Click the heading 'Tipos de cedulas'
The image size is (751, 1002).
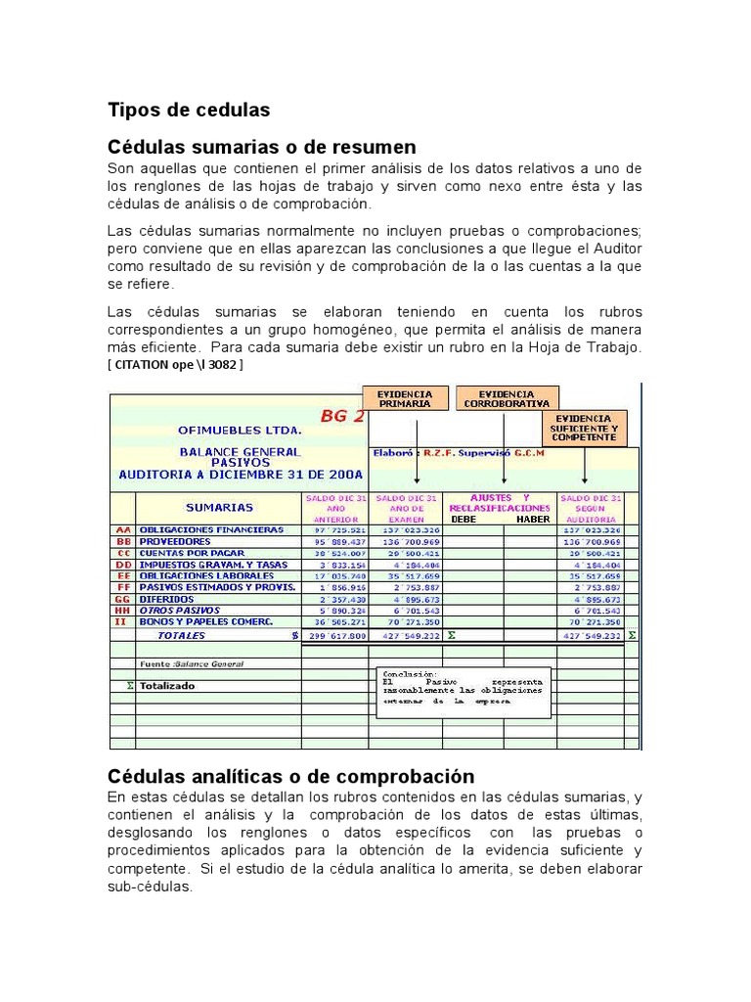coord(189,110)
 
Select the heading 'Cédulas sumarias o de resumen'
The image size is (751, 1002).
coord(261,147)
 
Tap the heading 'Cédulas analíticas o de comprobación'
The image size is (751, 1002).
coord(290,776)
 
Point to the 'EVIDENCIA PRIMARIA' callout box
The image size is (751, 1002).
coord(405,398)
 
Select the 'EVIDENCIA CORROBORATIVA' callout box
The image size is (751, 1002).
coord(506,398)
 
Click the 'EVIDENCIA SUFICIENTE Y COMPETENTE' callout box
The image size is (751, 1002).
coord(584,428)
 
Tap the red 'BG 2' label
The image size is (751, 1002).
coord(341,415)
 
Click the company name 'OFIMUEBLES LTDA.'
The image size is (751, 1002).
coord(240,431)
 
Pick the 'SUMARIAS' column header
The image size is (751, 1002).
coord(219,507)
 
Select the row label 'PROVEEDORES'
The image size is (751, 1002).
coord(174,541)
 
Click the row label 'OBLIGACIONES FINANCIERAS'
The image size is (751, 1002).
coord(210,529)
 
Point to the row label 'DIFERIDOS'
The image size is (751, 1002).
coord(166,599)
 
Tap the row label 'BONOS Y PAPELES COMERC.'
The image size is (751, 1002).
coord(205,622)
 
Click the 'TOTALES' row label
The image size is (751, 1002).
coord(181,635)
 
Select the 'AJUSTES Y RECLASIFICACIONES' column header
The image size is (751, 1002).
coord(499,503)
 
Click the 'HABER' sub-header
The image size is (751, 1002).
coord(534,520)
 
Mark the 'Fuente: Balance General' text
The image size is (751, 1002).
coord(192,663)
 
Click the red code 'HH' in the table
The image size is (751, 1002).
coord(122,611)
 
